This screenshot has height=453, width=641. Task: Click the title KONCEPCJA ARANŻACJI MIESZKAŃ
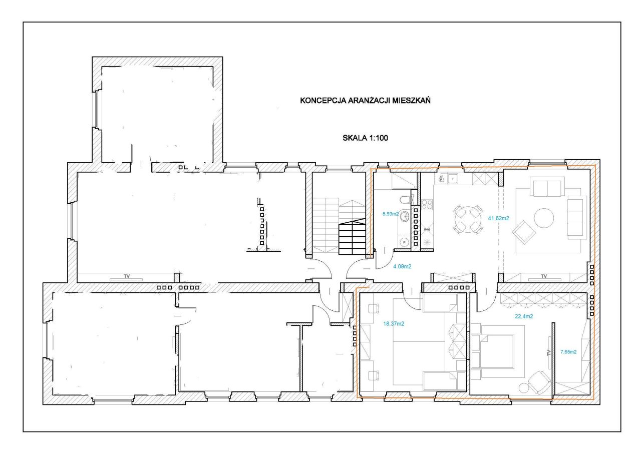point(365,101)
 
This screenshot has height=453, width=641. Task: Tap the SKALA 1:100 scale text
point(365,138)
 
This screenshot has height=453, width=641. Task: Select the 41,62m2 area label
point(498,218)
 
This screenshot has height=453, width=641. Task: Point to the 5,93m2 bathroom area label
point(391,214)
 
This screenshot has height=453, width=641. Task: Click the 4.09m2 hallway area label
point(402,266)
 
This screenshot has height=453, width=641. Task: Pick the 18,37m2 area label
point(394,324)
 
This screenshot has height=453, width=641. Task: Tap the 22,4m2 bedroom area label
point(524,316)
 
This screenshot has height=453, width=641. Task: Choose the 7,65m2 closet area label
point(568,352)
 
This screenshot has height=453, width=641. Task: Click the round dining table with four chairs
point(468,219)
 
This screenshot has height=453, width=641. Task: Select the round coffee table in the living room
point(544,218)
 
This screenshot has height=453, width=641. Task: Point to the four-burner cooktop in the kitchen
point(427,204)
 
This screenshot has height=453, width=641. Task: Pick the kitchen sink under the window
point(448,179)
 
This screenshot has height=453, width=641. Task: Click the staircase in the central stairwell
point(339,226)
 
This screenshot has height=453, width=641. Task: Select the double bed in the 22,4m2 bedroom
point(498,351)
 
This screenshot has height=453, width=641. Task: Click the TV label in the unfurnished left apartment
point(127,276)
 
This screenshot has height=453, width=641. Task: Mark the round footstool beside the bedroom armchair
point(524,388)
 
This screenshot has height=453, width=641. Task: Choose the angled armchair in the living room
point(524,232)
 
